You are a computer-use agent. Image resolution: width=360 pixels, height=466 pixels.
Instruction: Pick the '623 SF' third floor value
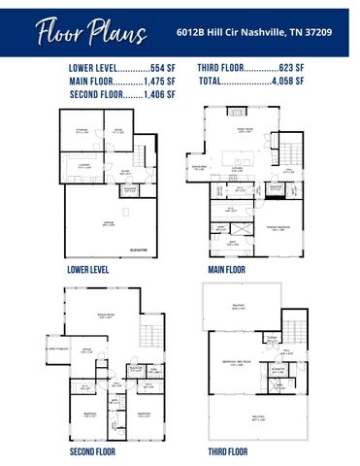pyautogui.click(x=289, y=69)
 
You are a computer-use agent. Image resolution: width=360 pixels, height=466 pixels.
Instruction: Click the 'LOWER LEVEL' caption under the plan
pyautogui.click(x=88, y=269)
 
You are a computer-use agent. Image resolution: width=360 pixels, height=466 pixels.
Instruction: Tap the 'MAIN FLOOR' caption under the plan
pyautogui.click(x=227, y=269)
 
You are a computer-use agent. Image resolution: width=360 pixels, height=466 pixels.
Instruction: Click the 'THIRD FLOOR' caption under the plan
pyautogui.click(x=228, y=451)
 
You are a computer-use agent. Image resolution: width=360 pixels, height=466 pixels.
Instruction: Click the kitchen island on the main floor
pyautogui.click(x=237, y=156)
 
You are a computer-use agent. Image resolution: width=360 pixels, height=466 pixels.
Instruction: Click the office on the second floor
pyautogui.click(x=86, y=350)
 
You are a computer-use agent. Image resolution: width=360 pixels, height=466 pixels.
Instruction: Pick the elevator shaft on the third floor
pyautogui.click(x=278, y=370)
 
